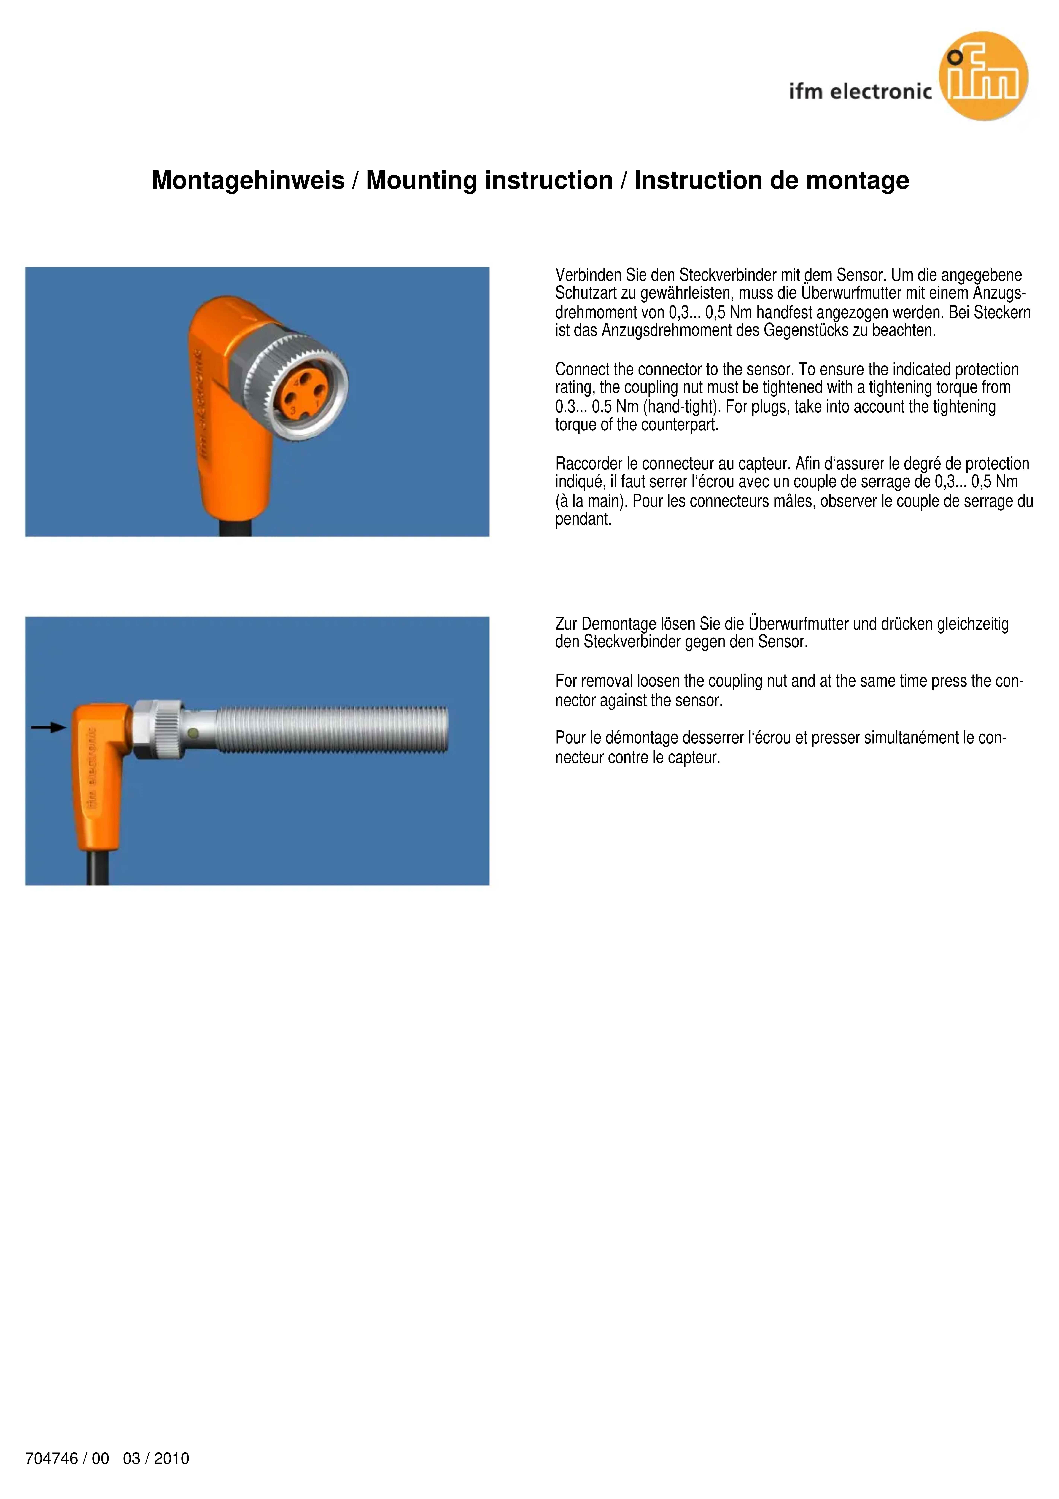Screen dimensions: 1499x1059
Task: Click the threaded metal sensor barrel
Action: (x=332, y=729)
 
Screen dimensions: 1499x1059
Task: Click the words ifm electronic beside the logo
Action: (x=860, y=91)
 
